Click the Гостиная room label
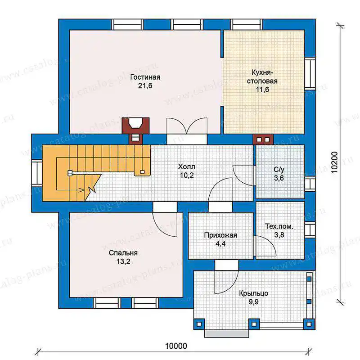click(x=145, y=77)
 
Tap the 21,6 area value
click(x=145, y=86)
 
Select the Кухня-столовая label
click(x=262, y=76)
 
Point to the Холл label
click(x=187, y=166)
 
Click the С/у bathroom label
click(x=279, y=170)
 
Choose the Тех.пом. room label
click(x=279, y=226)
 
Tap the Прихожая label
click(x=220, y=235)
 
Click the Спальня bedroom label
click(x=123, y=253)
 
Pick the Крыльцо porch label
click(x=254, y=293)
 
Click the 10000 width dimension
click(x=176, y=346)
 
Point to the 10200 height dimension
click(x=335, y=162)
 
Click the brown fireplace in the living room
click(x=135, y=126)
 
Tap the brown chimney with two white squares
click(x=263, y=139)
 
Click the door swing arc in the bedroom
click(x=165, y=225)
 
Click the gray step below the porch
click(x=227, y=333)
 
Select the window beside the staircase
click(x=37, y=173)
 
